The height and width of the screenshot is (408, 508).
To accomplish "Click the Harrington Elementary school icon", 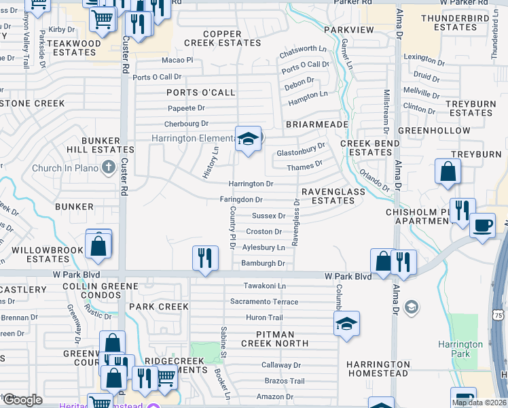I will pos(249,139).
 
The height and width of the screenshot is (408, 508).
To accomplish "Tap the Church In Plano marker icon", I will pos(108,167).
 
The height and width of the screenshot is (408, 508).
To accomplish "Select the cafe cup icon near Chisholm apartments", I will pos(482,225).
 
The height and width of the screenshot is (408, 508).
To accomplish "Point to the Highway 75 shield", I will pos(498,316).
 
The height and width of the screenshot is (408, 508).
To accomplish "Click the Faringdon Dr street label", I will pos(240,199).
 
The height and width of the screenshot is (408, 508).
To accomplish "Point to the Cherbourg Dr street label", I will pos(186,124).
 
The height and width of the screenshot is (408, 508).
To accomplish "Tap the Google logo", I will pos(22,400).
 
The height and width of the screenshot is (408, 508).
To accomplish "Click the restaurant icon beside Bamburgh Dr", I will pos(204,258).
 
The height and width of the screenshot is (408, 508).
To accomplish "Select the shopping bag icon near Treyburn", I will pos(448,173).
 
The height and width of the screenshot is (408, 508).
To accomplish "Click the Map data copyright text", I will pos(477,403).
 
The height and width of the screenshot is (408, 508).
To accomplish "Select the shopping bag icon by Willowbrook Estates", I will pos(98,245).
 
